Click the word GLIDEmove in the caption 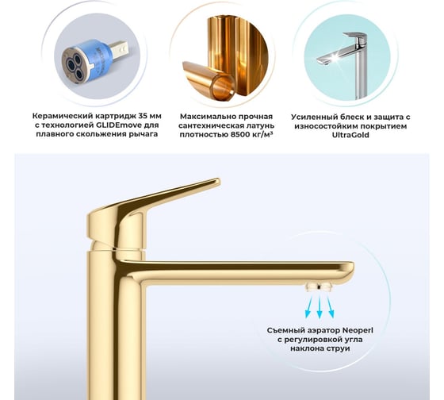(121, 125)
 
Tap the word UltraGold (350, 135)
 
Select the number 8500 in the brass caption (239, 134)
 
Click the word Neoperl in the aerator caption (358, 330)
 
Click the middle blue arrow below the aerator (320, 307)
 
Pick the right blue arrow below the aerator (330, 306)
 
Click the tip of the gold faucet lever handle (219, 181)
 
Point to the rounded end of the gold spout (351, 269)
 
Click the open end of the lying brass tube (224, 87)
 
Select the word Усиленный (310, 117)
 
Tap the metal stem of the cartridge (120, 51)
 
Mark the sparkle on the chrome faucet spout (335, 59)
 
